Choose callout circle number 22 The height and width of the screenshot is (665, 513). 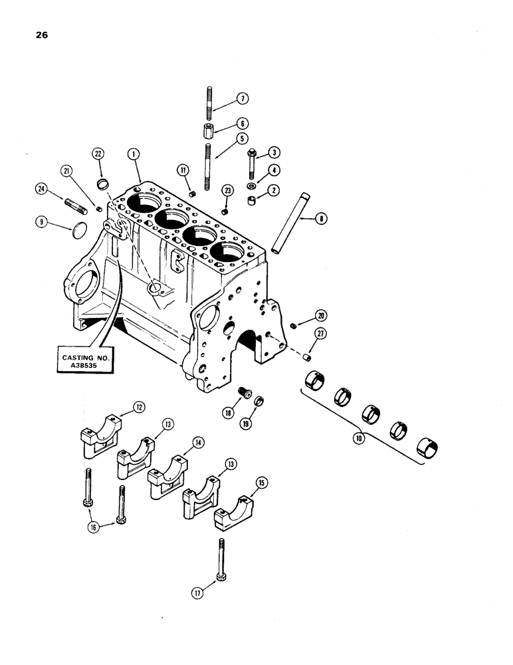click(98, 154)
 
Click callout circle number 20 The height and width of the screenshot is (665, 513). click(321, 316)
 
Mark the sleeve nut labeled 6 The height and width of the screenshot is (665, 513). click(208, 130)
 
